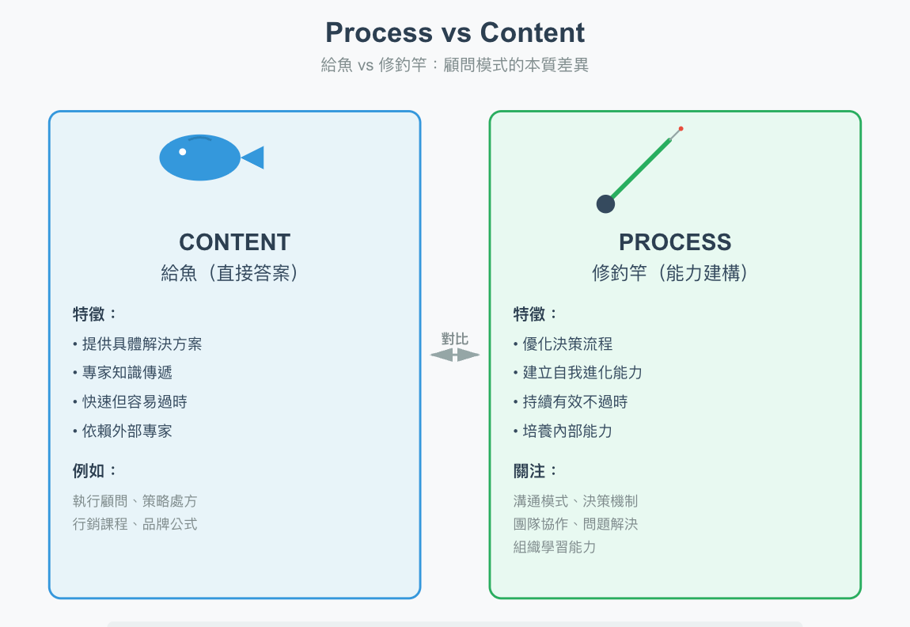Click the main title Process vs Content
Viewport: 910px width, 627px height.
[455, 33]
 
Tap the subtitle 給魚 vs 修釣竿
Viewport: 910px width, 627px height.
[455, 66]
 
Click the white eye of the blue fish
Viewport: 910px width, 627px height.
[183, 151]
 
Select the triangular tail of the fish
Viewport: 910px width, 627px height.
[254, 158]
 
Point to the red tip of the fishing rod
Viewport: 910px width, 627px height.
[681, 128]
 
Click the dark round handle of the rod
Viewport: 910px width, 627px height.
[605, 203]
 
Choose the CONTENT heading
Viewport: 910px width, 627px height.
[234, 242]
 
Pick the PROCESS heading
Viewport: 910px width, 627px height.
[675, 242]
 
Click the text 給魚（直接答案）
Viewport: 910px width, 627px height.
[234, 273]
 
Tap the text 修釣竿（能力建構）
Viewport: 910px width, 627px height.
[675, 273]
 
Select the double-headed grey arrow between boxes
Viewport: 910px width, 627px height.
[455, 355]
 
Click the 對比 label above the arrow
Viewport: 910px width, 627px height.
[455, 339]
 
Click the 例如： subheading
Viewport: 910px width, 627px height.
[95, 471]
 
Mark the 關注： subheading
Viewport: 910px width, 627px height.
[536, 471]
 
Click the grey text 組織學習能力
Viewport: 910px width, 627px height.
[555, 547]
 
